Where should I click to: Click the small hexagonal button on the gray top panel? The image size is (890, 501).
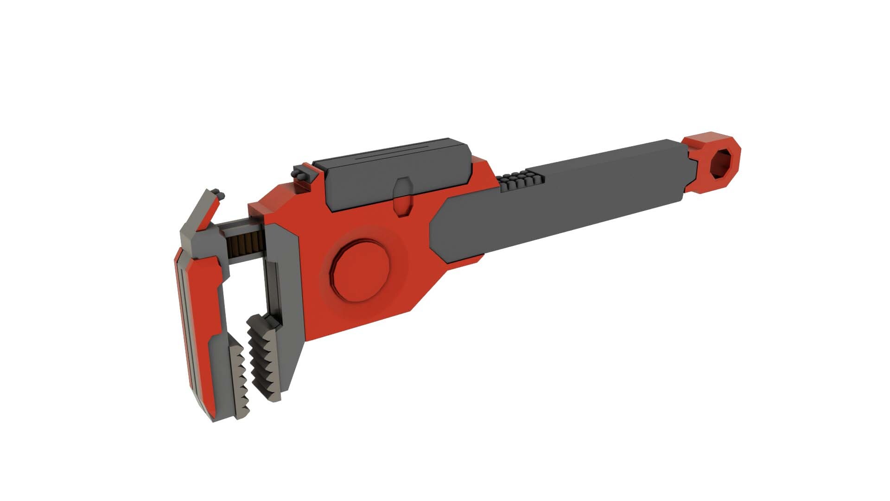[x=402, y=197]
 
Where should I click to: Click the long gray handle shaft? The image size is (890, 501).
[x=603, y=195]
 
